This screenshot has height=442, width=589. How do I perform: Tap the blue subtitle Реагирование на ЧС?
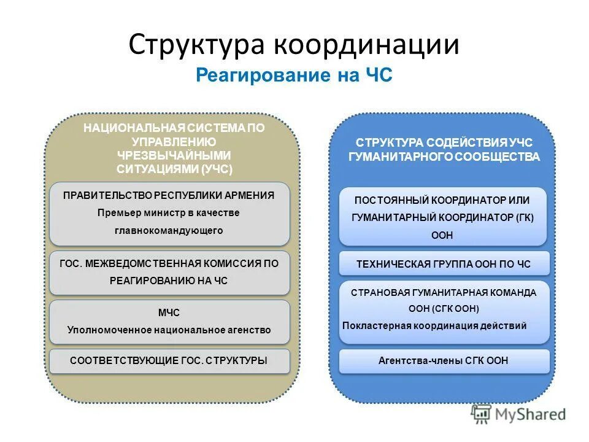pyautogui.click(x=294, y=76)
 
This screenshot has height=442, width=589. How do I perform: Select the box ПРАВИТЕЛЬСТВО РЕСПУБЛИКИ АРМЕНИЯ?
pyautogui.click(x=169, y=214)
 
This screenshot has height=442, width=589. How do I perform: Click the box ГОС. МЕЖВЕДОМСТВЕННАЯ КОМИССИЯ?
pyautogui.click(x=169, y=272)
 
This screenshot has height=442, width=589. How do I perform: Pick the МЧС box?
pyautogui.click(x=169, y=321)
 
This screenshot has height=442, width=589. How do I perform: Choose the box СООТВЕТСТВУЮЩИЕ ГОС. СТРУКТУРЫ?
pyautogui.click(x=169, y=361)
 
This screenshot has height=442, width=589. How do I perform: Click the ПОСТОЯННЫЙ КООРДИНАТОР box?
pyautogui.click(x=442, y=217)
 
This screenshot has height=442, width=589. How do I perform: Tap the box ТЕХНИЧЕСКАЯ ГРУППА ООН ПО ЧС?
pyautogui.click(x=444, y=264)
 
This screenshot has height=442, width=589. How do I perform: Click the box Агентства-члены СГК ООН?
pyautogui.click(x=444, y=361)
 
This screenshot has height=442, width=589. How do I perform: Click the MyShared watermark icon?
pyautogui.click(x=481, y=414)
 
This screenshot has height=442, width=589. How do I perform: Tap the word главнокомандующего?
pyautogui.click(x=169, y=231)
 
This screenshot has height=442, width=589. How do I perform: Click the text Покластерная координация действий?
pyautogui.click(x=434, y=325)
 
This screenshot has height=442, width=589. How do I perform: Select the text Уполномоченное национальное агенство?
pyautogui.click(x=169, y=330)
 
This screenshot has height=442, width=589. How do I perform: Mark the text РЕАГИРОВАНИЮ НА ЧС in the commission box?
pyautogui.click(x=169, y=281)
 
